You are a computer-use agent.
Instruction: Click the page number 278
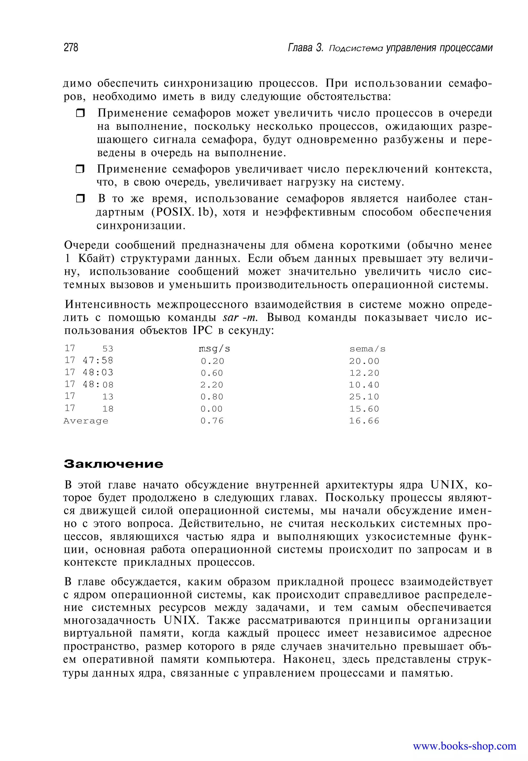coord(71,48)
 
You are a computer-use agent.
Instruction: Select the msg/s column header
coord(214,349)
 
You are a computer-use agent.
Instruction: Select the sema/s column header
coord(367,349)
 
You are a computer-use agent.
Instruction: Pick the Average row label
coord(86,421)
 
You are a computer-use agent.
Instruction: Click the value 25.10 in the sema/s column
coord(364,397)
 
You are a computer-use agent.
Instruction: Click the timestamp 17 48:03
coord(89,373)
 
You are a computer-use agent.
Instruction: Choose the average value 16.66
coord(364,421)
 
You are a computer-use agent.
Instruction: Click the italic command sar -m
coord(240,318)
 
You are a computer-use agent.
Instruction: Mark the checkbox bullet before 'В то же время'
coord(80,199)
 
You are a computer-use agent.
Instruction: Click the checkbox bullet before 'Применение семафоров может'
coord(80,113)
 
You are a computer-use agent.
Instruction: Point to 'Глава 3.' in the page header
coord(305,48)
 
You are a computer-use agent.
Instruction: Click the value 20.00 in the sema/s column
coord(364,361)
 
